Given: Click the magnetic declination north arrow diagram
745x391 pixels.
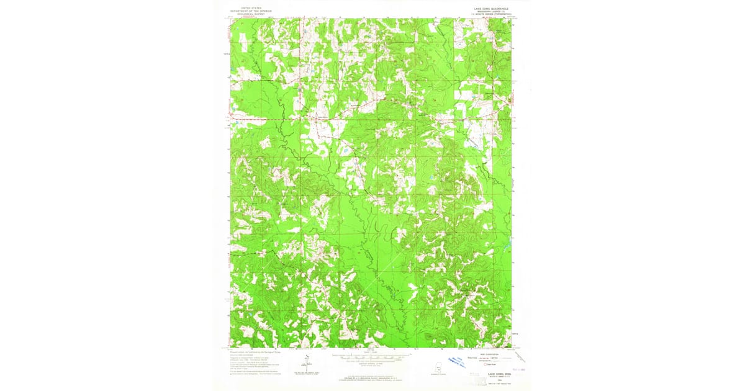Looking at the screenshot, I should (305, 365).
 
